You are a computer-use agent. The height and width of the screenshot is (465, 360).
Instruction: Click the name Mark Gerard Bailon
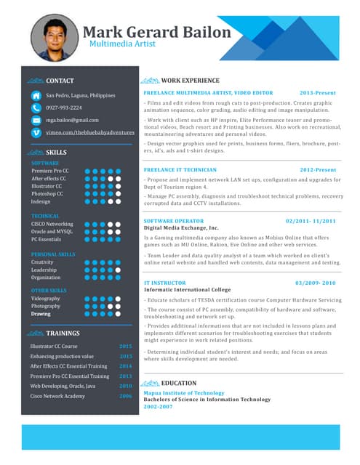156,32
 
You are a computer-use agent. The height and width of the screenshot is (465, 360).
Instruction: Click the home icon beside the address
36,95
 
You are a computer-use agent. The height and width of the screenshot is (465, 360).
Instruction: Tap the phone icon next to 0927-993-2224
36,108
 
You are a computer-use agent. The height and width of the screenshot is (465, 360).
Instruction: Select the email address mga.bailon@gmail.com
72,120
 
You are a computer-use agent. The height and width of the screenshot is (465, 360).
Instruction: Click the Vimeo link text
90,133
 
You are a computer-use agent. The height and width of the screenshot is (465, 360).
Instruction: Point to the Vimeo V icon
36,133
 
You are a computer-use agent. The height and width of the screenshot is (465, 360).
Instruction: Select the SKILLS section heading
57,153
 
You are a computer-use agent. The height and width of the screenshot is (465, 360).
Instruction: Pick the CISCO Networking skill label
52,225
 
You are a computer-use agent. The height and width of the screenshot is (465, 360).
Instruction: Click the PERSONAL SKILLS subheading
53,254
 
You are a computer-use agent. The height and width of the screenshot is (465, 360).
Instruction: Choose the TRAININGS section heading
63,333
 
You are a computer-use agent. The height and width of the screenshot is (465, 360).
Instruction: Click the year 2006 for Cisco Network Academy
126,396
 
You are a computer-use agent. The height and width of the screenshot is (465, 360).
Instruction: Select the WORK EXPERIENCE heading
190,81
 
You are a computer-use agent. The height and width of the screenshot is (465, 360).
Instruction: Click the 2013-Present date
318,94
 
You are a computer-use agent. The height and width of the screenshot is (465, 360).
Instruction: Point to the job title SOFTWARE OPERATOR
174,221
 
